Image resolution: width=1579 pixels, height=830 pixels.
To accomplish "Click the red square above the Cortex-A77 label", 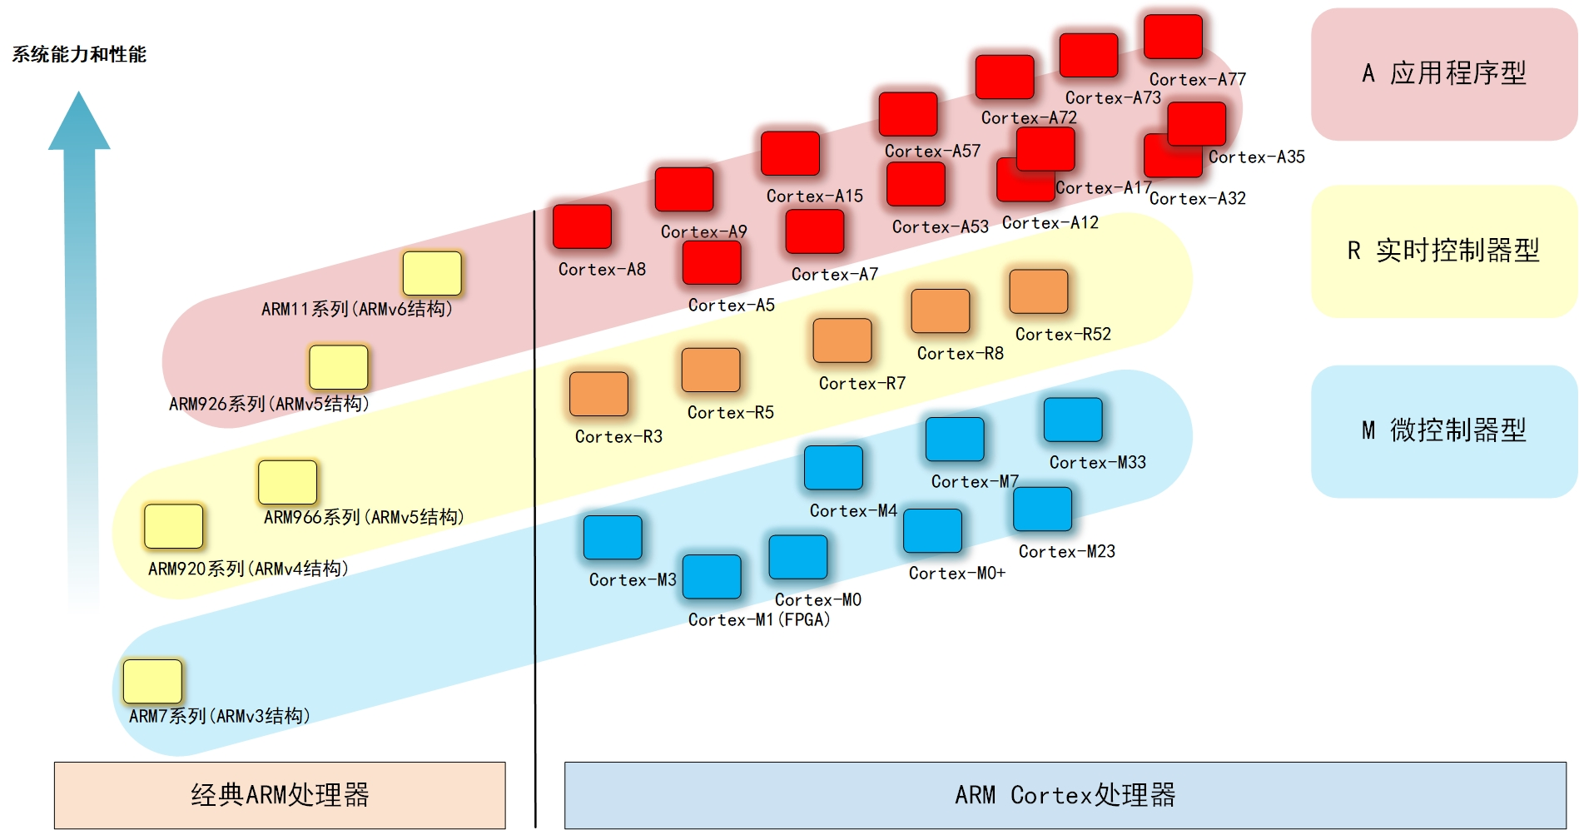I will (1173, 37).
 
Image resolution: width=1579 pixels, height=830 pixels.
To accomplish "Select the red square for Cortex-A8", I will (582, 226).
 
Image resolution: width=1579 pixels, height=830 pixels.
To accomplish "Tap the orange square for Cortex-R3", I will (598, 394).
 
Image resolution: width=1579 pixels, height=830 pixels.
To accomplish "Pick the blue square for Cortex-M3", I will (613, 537).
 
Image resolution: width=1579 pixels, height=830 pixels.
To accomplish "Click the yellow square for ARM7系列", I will (152, 681).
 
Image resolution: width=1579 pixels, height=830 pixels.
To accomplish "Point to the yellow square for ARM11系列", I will (432, 273).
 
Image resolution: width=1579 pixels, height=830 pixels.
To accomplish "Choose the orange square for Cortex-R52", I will (1038, 291).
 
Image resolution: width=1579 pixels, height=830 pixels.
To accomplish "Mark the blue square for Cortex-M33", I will (1073, 420).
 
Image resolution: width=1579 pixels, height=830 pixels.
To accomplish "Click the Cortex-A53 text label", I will (940, 226).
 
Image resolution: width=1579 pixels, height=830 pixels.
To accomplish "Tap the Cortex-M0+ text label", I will (956, 573).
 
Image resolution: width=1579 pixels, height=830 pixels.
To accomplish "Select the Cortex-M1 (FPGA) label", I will (759, 619).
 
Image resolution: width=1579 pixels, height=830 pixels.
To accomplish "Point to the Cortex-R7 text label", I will (861, 383).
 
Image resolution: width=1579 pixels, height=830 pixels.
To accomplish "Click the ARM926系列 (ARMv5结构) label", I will (269, 404).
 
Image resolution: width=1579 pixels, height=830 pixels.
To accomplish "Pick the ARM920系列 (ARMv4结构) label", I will (248, 569).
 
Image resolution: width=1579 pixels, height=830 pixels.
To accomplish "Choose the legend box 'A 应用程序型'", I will (1443, 74).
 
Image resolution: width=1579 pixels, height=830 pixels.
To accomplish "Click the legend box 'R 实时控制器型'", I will (1443, 251).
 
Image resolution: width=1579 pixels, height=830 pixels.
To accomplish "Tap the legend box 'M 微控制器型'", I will (1443, 430).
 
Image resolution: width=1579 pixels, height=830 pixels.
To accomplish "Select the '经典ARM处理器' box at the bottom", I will (280, 795).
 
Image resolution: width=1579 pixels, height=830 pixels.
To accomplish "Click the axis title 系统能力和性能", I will (79, 55).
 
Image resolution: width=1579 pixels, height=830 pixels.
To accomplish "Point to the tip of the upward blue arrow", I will (79, 93).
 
